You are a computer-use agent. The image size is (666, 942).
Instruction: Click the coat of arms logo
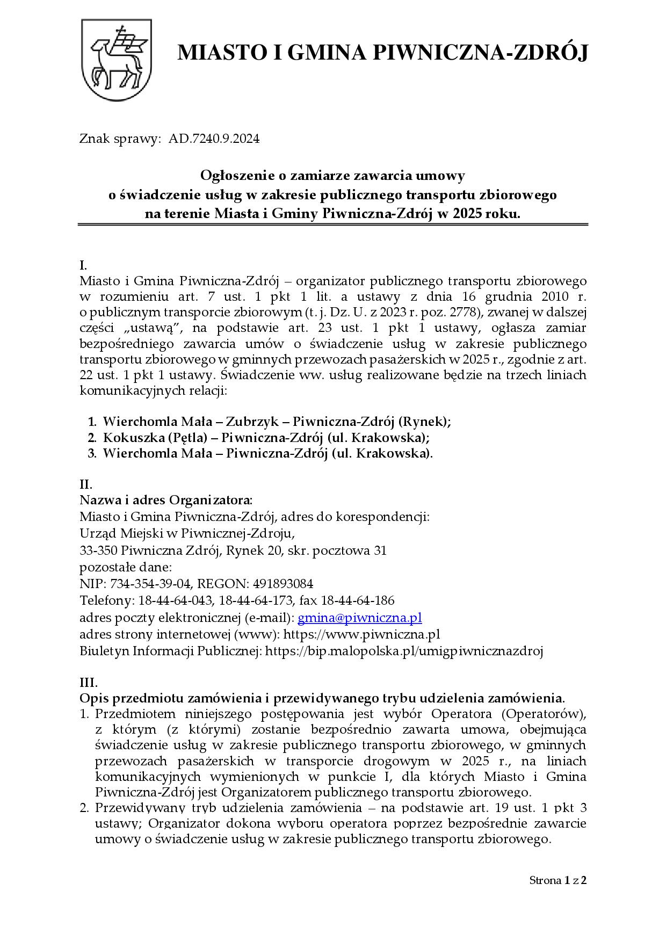(116, 60)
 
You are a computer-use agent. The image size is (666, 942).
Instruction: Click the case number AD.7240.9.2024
(214, 139)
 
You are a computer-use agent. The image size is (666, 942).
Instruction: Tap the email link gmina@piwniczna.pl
(359, 618)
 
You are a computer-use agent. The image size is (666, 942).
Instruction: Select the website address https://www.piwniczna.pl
(361, 634)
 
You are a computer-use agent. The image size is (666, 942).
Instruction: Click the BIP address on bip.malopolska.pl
(404, 651)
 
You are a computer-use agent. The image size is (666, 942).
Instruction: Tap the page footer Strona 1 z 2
(558, 880)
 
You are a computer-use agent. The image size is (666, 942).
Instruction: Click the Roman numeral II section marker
(86, 484)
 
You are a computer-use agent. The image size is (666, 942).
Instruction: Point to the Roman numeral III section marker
(89, 683)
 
